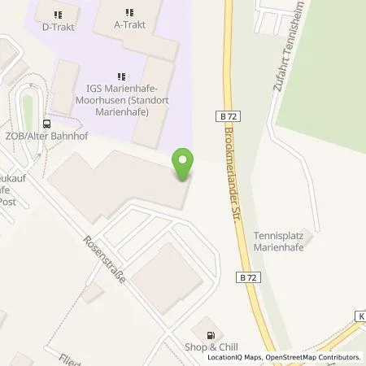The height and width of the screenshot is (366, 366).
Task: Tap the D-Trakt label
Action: [58, 25]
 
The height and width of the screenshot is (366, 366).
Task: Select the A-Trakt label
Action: [130, 24]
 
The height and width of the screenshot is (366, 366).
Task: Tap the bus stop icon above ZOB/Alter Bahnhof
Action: [46, 124]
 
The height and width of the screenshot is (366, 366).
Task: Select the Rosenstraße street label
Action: [103, 258]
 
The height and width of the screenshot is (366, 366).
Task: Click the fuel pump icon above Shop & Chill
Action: [212, 333]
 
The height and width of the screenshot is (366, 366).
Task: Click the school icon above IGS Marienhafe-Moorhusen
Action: [121, 77]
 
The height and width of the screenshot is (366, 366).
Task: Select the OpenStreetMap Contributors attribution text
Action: [315, 358]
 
